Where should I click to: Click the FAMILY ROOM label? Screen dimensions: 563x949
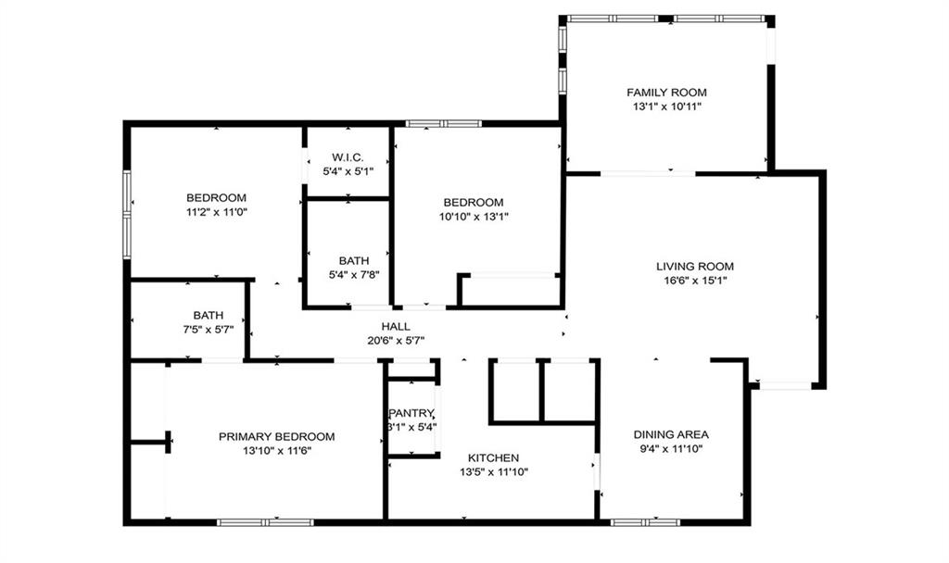click(x=666, y=92)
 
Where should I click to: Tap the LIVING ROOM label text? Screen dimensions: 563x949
click(x=694, y=267)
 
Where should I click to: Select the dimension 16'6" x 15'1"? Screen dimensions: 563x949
click(x=694, y=281)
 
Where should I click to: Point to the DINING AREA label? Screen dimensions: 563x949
click(x=671, y=434)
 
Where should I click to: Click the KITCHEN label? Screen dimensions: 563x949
click(x=493, y=457)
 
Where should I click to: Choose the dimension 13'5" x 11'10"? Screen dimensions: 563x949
click(x=493, y=472)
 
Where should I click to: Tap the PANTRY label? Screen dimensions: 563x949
click(x=411, y=413)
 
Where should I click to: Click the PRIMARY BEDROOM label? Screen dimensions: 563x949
click(x=276, y=436)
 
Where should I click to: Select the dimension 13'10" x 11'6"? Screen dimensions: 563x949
click(x=276, y=451)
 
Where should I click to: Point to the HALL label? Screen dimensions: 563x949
click(x=396, y=326)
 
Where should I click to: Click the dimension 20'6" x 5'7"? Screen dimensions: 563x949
click(x=396, y=340)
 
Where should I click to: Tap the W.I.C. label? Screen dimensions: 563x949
click(x=348, y=157)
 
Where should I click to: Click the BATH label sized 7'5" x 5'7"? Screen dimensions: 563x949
click(x=209, y=315)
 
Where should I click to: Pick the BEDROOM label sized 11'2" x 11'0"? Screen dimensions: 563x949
click(x=216, y=197)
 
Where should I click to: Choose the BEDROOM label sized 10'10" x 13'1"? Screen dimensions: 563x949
click(x=473, y=202)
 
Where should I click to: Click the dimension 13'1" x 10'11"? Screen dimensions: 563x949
click(x=666, y=106)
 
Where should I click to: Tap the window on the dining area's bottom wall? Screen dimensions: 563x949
click(x=645, y=522)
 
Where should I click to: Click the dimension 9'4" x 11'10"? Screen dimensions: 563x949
click(x=671, y=449)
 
